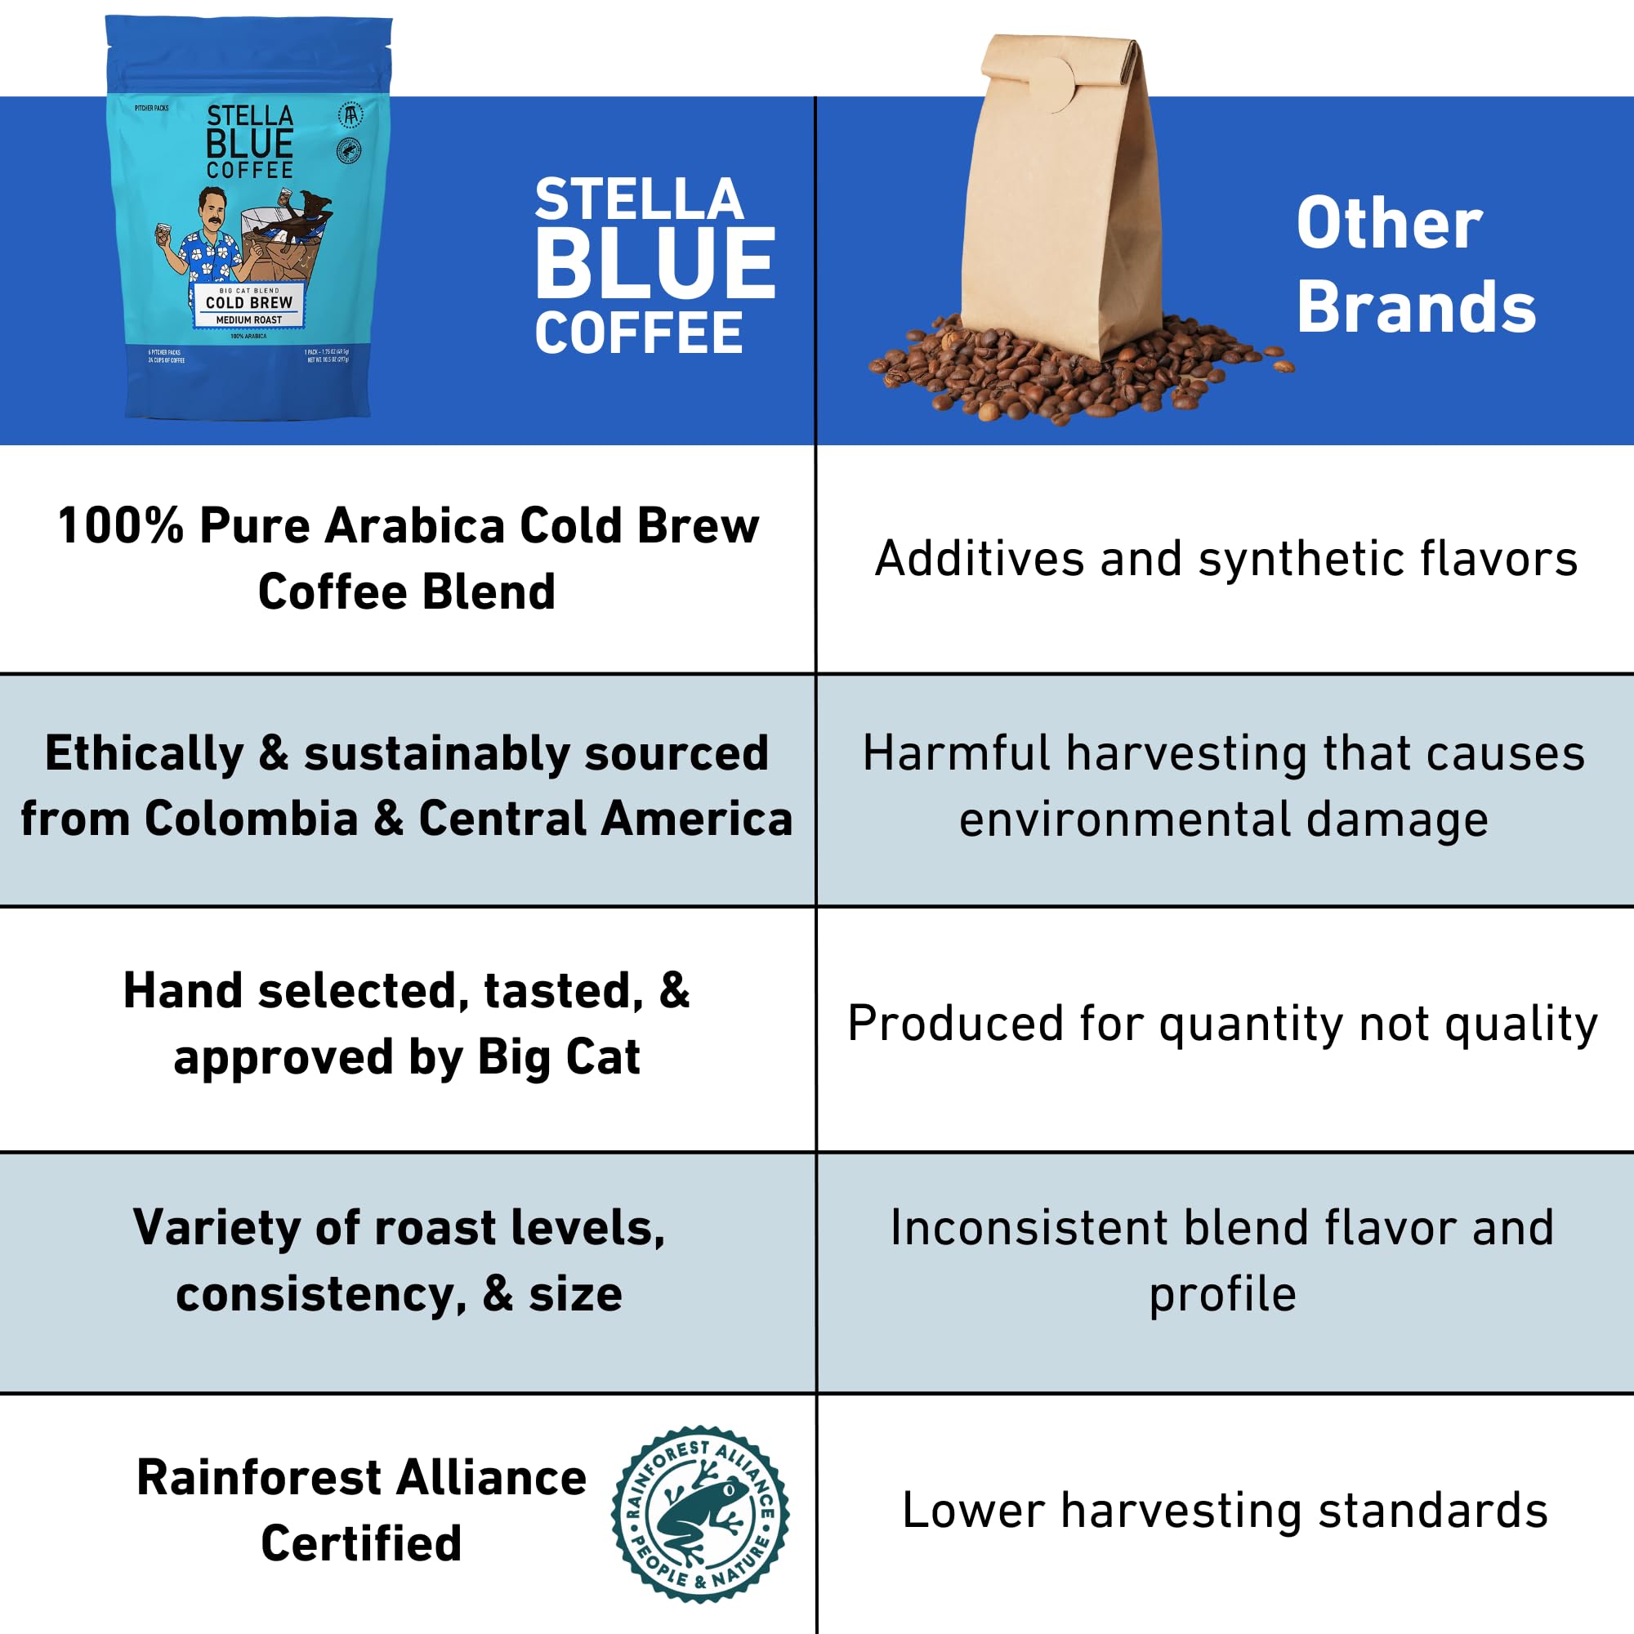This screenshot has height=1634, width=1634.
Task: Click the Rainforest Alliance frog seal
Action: coord(699,1514)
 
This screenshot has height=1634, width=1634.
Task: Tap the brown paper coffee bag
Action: coord(1061,203)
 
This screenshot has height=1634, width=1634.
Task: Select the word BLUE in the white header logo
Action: coord(654,264)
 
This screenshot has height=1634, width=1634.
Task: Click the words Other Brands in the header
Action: coord(1416,264)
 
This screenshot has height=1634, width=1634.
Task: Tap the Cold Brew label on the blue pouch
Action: coord(248,303)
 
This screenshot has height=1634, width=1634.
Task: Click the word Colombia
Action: coord(251,819)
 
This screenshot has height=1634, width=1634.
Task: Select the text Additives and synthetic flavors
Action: coord(1225,559)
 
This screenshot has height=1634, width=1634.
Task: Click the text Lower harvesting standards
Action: coord(1225,1511)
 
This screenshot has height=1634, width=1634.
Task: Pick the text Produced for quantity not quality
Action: coord(1223,1024)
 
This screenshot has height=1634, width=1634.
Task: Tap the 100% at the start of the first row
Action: coord(120,525)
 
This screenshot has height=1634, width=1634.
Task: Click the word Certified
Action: coord(361,1543)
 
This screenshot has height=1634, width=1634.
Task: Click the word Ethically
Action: coord(144,752)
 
